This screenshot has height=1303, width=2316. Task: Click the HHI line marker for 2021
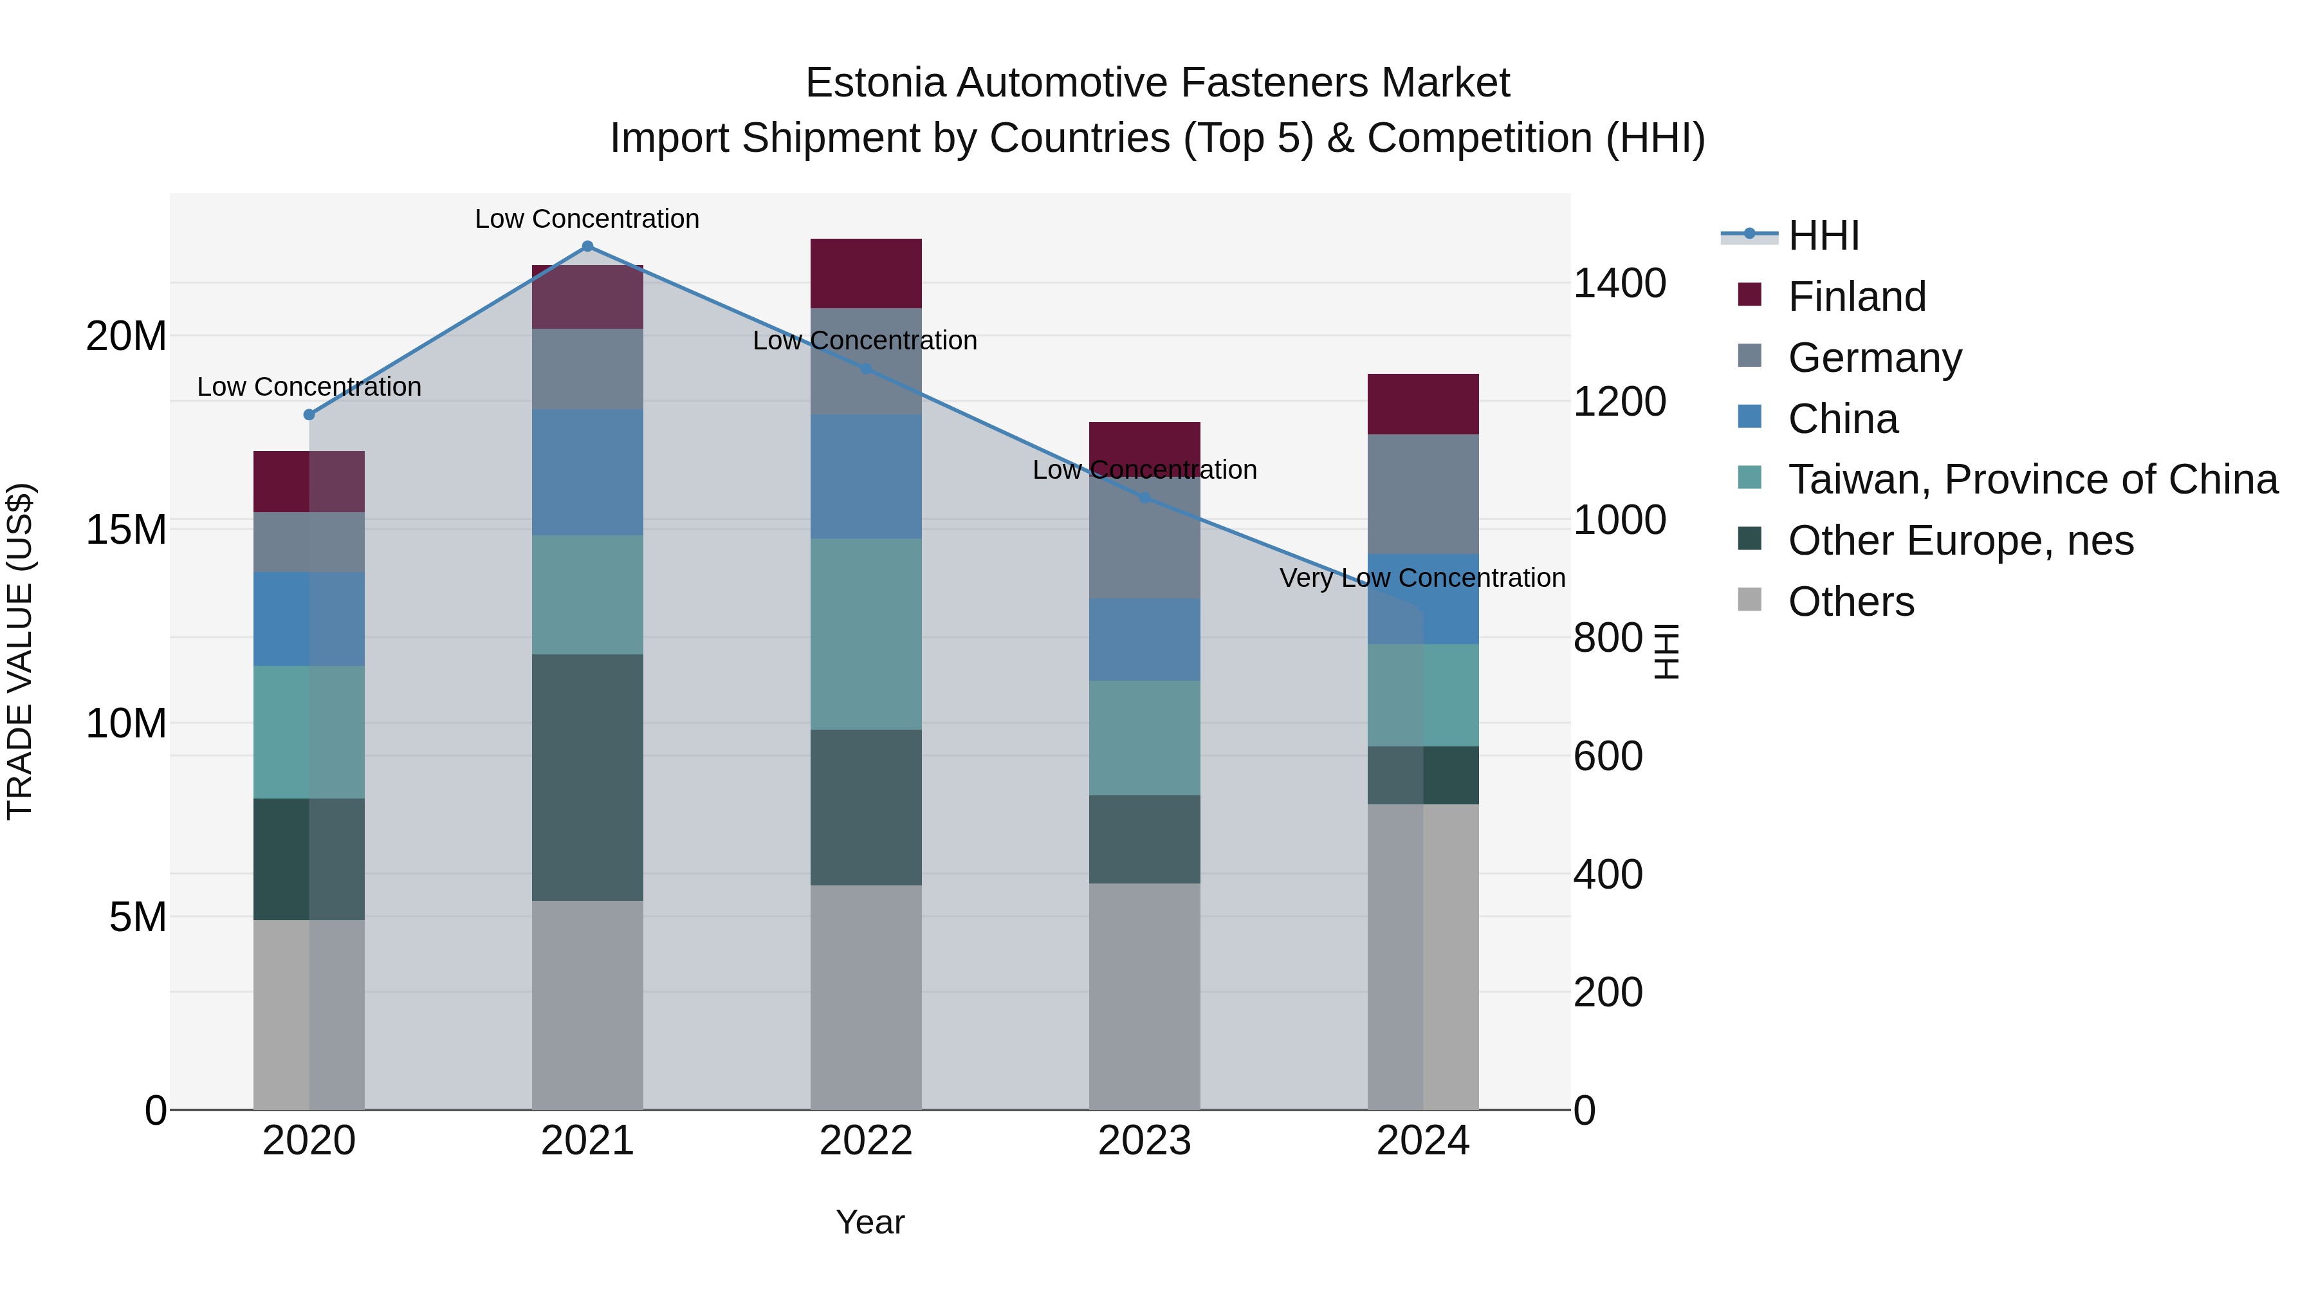(x=587, y=246)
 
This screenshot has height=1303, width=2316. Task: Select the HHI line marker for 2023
(x=1144, y=497)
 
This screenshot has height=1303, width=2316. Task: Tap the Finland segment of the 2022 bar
(x=866, y=273)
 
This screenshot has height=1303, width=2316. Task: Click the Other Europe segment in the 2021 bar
(x=587, y=777)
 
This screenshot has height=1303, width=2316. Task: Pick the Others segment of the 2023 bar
(x=1144, y=995)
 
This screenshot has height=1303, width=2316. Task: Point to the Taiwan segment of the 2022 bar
(x=866, y=634)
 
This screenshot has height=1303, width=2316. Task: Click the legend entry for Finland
(x=1857, y=297)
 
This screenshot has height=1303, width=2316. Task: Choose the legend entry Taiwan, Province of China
(x=2032, y=479)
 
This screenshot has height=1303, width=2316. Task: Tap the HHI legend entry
(x=1823, y=236)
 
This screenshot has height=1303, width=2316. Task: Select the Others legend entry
(x=1850, y=602)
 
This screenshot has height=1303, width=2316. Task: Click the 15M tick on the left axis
(x=126, y=530)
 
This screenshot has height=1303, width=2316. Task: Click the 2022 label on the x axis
(x=866, y=1141)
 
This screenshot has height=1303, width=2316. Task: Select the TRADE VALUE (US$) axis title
(x=20, y=651)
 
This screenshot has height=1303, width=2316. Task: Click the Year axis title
(x=869, y=1222)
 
